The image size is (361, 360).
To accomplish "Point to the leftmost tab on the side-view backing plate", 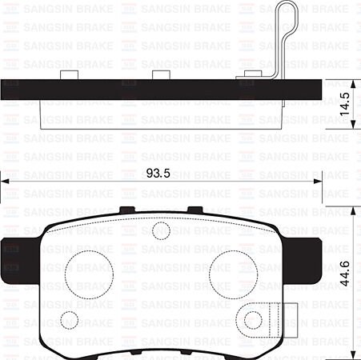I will point(69,75).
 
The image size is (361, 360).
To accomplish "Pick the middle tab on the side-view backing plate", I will point(163,75).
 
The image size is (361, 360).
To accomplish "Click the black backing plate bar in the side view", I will point(160,91).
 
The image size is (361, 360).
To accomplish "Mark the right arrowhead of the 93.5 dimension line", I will point(318,183).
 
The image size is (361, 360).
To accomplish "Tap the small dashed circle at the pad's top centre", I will point(160,231).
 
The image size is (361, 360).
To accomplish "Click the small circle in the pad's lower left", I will point(70,319).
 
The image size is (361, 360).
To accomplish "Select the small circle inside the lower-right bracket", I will point(254,321).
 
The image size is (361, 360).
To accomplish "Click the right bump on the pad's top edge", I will point(194,210).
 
